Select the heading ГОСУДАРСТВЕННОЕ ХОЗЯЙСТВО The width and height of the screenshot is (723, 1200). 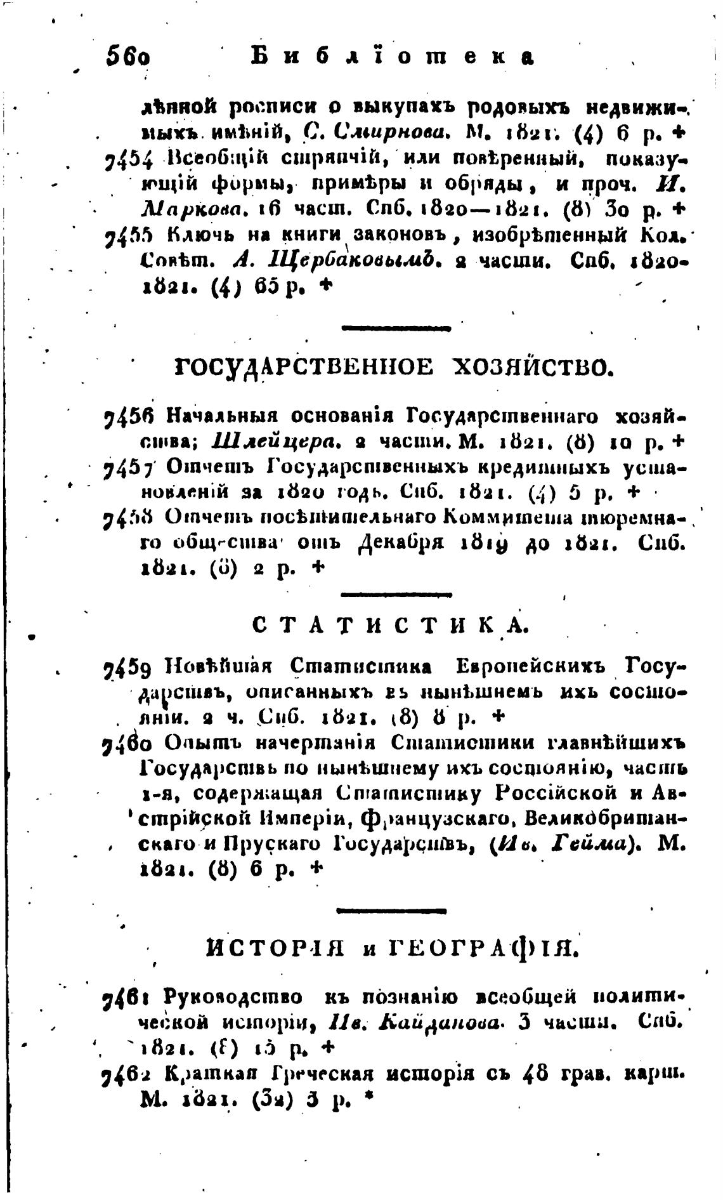click(x=393, y=366)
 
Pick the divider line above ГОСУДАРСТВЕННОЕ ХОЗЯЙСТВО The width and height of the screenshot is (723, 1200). click(x=396, y=329)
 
